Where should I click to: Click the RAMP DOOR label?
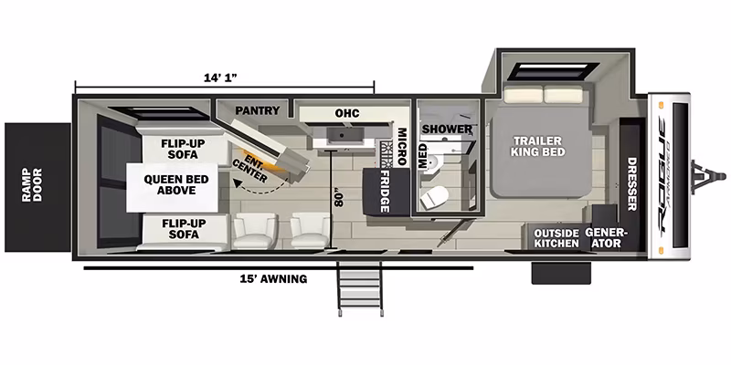[x=32, y=185]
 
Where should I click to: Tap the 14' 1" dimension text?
[x=220, y=78]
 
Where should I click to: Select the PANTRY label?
[x=258, y=110]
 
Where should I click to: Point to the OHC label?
[x=347, y=113]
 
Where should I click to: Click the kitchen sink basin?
[x=344, y=134]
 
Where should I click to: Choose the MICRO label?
[x=402, y=147]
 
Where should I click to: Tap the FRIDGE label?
[x=385, y=192]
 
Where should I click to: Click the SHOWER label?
[x=447, y=129]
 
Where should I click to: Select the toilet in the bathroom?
[x=432, y=197]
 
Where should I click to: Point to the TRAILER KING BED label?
[x=538, y=146]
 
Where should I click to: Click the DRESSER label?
[x=631, y=184]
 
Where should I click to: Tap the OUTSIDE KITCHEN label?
[x=556, y=238]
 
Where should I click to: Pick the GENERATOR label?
[x=604, y=238]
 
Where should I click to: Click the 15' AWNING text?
[x=273, y=279]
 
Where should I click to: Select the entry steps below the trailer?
[x=360, y=288]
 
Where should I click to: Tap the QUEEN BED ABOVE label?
[x=170, y=185]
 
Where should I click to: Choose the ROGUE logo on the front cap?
[x=663, y=174]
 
